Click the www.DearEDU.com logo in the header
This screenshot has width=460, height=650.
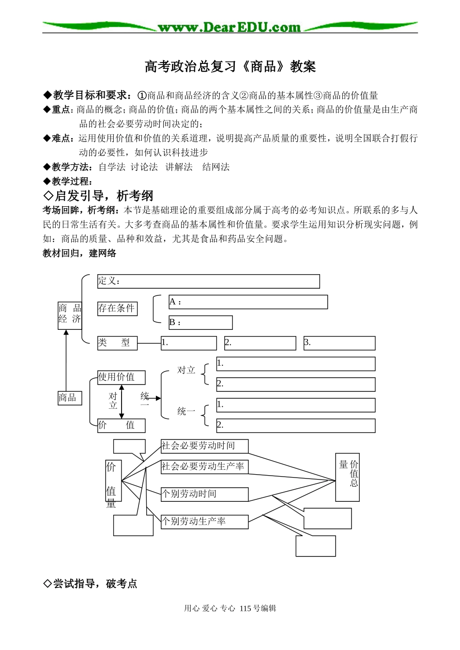(x=230, y=27)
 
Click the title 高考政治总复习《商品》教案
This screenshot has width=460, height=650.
(x=230, y=66)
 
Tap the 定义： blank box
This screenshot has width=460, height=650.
(x=208, y=281)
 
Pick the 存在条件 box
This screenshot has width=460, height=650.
(x=117, y=309)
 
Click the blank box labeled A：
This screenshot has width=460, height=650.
(x=248, y=302)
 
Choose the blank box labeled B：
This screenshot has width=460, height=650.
(x=200, y=323)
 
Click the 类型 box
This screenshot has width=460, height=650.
(x=117, y=343)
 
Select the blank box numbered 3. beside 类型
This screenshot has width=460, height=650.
(x=339, y=343)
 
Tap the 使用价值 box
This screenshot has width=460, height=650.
(x=121, y=377)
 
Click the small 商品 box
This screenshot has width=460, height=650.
(x=70, y=398)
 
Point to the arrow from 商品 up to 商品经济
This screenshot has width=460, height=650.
(x=66, y=361)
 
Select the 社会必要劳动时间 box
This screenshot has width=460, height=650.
(x=204, y=446)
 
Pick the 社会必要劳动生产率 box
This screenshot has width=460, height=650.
(x=204, y=467)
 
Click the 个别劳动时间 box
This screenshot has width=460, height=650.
(x=204, y=494)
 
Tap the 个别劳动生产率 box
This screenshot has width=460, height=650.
(x=204, y=522)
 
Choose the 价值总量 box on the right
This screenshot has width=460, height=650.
(x=347, y=477)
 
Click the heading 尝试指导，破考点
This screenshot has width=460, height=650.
(x=91, y=584)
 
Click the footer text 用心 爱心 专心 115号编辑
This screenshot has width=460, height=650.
(x=230, y=608)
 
